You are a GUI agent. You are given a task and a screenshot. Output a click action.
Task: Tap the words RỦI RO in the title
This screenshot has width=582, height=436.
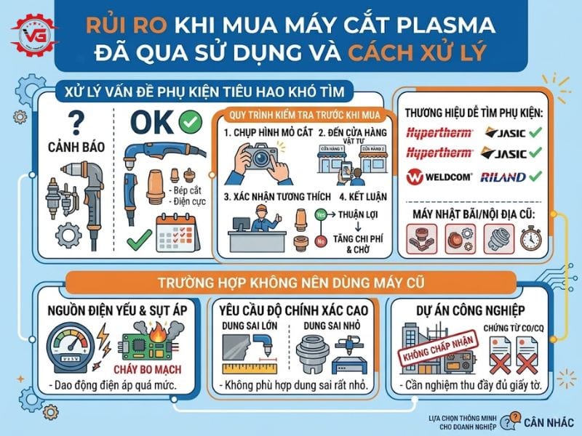click(117, 26)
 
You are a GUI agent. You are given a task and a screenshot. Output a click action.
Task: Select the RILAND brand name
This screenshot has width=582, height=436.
click(501, 177)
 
